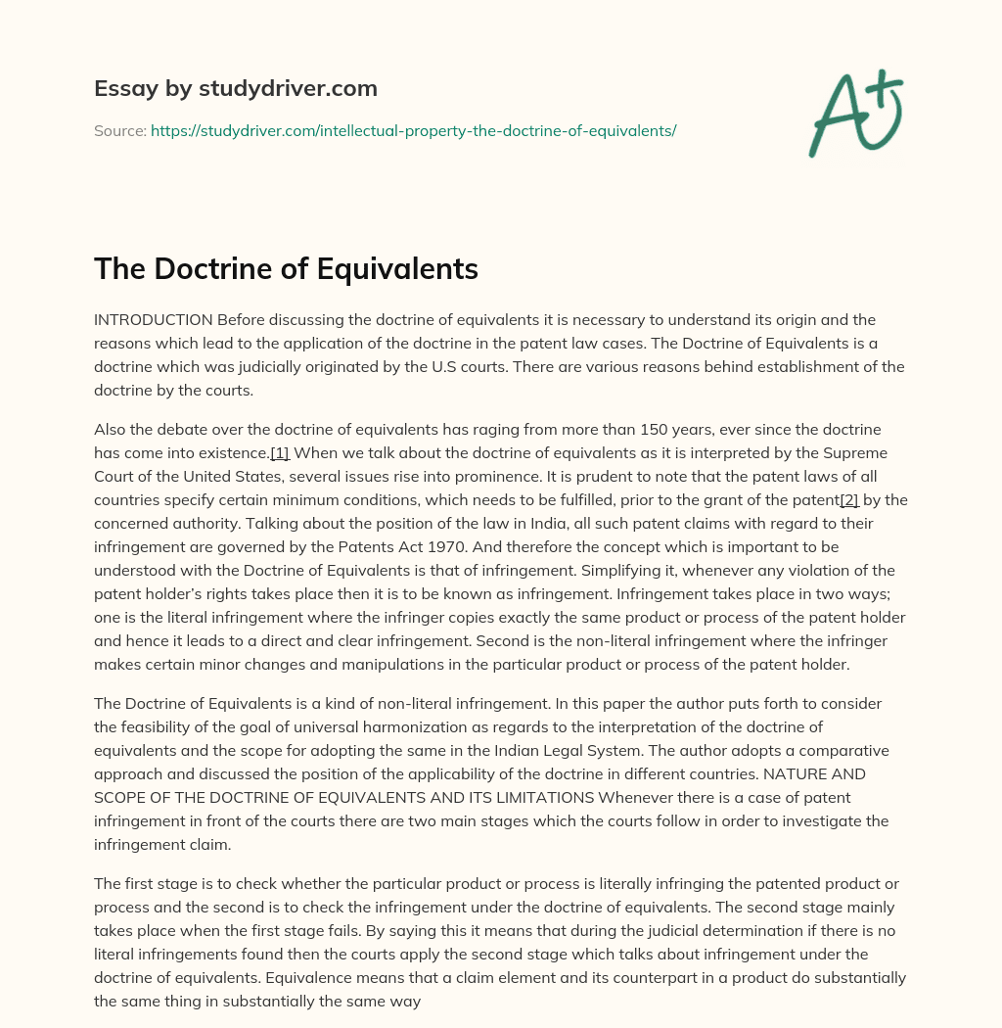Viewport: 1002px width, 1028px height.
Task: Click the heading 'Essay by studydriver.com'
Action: (236, 88)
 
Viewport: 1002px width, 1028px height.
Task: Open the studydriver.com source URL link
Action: (413, 130)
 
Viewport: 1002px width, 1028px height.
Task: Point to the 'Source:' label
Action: (119, 130)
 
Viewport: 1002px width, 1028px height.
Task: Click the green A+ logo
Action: (854, 114)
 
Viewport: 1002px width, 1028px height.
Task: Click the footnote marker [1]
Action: (279, 453)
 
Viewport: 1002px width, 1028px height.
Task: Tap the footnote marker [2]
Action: (849, 500)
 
